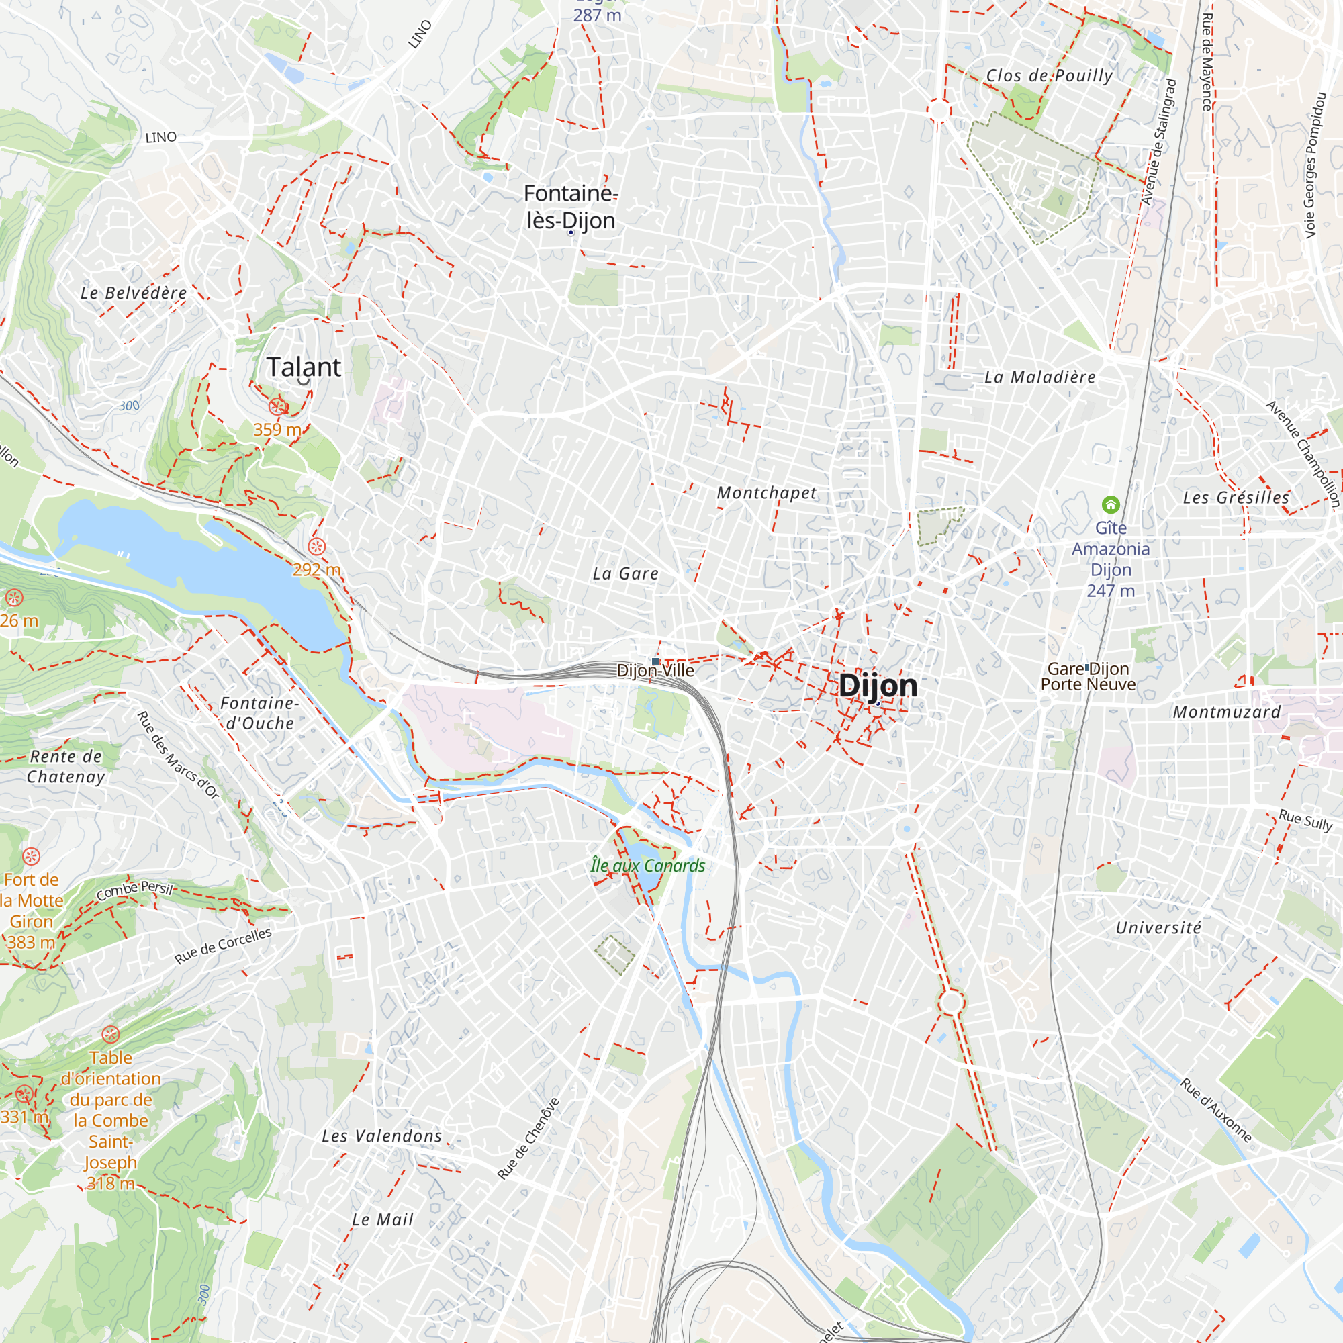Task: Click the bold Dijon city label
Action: click(877, 686)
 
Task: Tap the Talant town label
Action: click(304, 367)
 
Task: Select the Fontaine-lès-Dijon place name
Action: click(570, 206)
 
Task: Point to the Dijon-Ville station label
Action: click(655, 670)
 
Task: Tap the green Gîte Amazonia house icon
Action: click(1110, 504)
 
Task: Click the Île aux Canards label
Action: click(647, 866)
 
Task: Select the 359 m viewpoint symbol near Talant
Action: click(278, 407)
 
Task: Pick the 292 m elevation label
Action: click(316, 570)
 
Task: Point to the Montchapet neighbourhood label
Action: click(767, 493)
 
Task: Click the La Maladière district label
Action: click(1040, 377)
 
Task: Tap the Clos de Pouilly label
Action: click(1049, 76)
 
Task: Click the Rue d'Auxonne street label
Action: click(1216, 1110)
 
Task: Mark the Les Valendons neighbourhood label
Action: click(381, 1136)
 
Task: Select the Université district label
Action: click(1158, 927)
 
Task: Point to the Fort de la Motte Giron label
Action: click(32, 911)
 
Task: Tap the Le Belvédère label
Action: click(134, 293)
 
